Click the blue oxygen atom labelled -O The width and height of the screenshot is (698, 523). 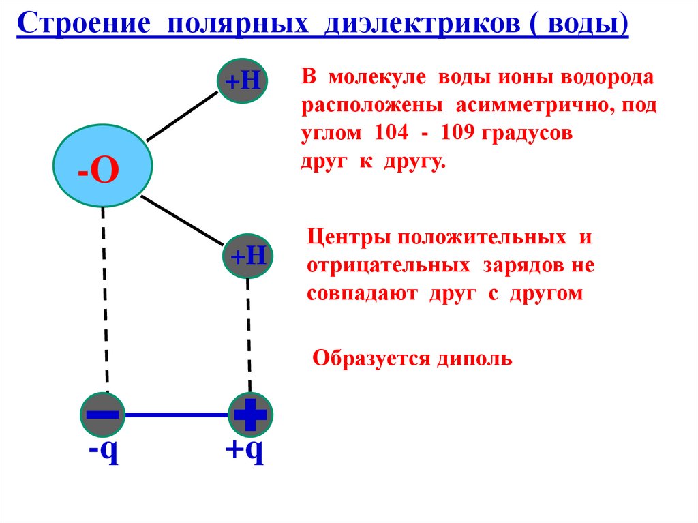103,166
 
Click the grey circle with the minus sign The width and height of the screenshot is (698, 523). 103,414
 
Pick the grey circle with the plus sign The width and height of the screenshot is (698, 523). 250,414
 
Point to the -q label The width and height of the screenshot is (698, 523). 103,451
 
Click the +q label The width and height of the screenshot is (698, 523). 245,451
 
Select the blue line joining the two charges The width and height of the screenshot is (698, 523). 177,414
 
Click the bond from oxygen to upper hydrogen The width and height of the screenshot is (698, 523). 181,117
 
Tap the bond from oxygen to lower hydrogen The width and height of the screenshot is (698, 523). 183,221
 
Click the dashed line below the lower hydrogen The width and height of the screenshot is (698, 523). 249,334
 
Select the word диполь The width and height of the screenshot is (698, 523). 483,357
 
